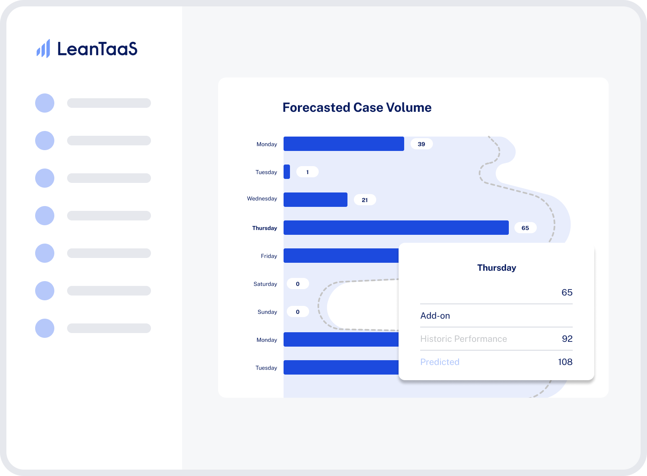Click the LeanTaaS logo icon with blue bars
tap(43, 49)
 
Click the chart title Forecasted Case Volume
tap(357, 107)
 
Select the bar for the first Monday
tap(344, 144)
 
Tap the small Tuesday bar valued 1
tap(287, 172)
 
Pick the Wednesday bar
tap(316, 200)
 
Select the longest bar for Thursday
tap(396, 228)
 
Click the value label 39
tap(421, 144)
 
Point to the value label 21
tap(365, 200)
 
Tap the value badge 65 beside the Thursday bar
tap(526, 228)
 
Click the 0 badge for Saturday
tap(298, 284)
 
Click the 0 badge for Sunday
tap(298, 312)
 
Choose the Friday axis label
tap(269, 256)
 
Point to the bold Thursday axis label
tap(264, 228)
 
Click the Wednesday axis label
tap(262, 198)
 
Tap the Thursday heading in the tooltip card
tap(496, 268)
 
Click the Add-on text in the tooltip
tap(435, 316)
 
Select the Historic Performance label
tap(464, 339)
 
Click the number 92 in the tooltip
tap(567, 339)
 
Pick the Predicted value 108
tap(565, 362)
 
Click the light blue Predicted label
tap(440, 362)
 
